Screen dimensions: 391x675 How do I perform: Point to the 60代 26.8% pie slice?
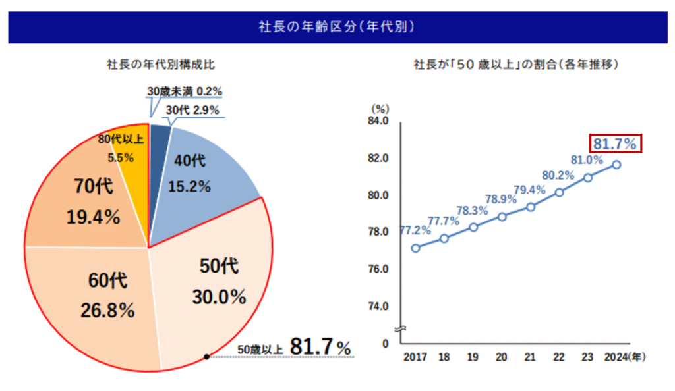click(99, 296)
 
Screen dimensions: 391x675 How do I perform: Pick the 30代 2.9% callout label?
click(192, 110)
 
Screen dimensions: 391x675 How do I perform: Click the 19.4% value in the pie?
click(93, 217)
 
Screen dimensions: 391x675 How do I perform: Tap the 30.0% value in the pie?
click(219, 297)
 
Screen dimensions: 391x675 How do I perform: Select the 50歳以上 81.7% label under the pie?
click(294, 348)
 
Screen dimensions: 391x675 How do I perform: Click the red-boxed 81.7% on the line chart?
click(615, 143)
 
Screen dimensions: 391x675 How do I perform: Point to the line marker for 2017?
click(415, 248)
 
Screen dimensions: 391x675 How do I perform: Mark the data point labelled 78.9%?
click(502, 217)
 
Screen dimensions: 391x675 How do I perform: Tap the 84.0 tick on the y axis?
click(380, 121)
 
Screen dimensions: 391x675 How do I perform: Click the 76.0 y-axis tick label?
click(380, 269)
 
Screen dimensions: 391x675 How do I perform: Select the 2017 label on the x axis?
click(415, 357)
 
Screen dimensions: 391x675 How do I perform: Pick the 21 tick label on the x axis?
click(530, 357)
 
